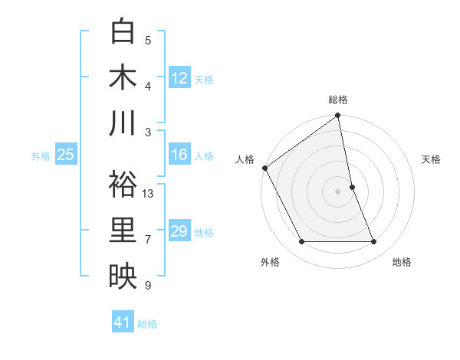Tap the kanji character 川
pyautogui.click(x=123, y=123)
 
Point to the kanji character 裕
pyautogui.click(x=123, y=185)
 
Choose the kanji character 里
pyautogui.click(x=123, y=231)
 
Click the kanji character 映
pyautogui.click(x=123, y=277)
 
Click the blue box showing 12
pyautogui.click(x=179, y=77)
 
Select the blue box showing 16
pyautogui.click(x=179, y=155)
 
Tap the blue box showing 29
pyautogui.click(x=179, y=231)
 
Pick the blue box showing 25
pyautogui.click(x=65, y=155)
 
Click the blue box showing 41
pyautogui.click(x=123, y=322)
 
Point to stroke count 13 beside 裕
pyautogui.click(x=148, y=194)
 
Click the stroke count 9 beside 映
pyautogui.click(x=148, y=286)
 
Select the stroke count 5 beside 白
pyautogui.click(x=148, y=40)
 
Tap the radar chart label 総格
pyautogui.click(x=338, y=100)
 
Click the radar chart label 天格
pyautogui.click(x=432, y=159)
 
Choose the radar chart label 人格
pyautogui.click(x=245, y=159)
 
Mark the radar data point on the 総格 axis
pyautogui.click(x=338, y=116)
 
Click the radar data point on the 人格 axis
pyautogui.click(x=264, y=168)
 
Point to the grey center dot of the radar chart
pyautogui.click(x=338, y=191)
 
